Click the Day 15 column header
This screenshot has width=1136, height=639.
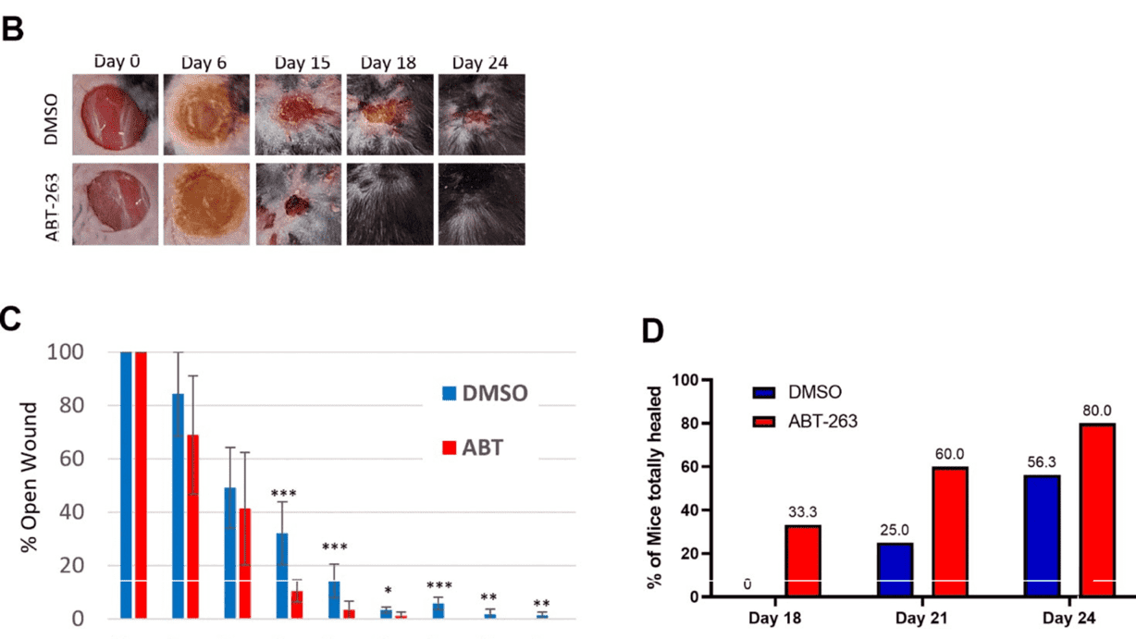click(302, 63)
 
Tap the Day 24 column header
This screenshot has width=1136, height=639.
click(480, 63)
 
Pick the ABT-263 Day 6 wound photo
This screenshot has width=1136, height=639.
click(205, 203)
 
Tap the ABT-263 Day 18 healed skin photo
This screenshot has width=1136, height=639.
click(389, 203)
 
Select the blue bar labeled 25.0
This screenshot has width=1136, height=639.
click(894, 570)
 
